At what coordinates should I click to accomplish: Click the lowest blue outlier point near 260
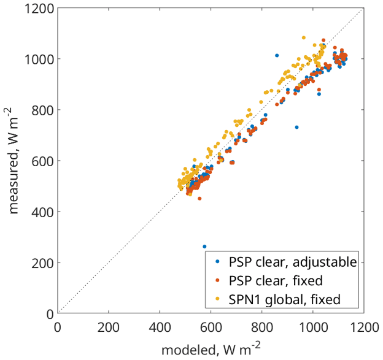pyautogui.click(x=204, y=247)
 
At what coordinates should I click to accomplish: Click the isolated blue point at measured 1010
pyautogui.click(x=277, y=56)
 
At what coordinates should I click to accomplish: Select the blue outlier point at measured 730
pyautogui.click(x=296, y=128)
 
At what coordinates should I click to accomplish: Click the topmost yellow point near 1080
pyautogui.click(x=304, y=37)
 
